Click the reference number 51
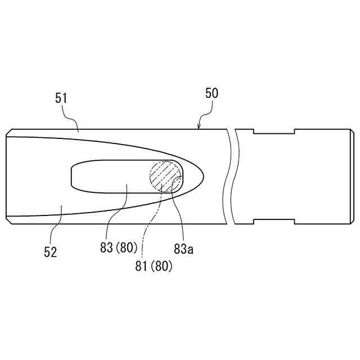coord(61,98)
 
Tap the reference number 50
coord(211,93)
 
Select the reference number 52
coord(50,253)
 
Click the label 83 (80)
coord(119,247)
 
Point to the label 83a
coord(184,249)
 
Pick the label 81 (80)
coord(154,266)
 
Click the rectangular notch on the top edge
coord(274,131)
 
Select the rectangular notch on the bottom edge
coord(274,222)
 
